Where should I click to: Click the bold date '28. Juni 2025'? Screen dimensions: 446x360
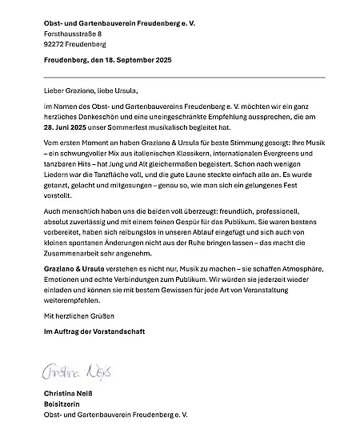[x=65, y=127]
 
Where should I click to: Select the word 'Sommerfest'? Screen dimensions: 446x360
[x=134, y=127]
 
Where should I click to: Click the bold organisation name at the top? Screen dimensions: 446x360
[x=120, y=23]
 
